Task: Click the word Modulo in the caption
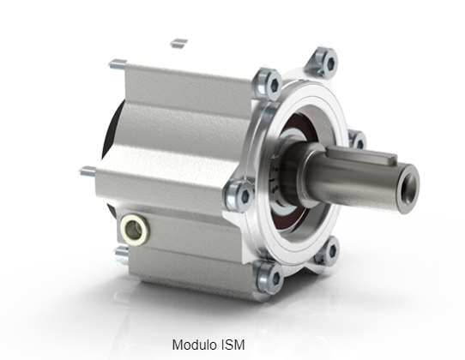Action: point(196,346)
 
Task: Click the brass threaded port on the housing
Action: point(135,227)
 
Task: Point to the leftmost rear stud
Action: point(88,171)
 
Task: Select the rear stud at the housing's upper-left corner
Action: point(118,63)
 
